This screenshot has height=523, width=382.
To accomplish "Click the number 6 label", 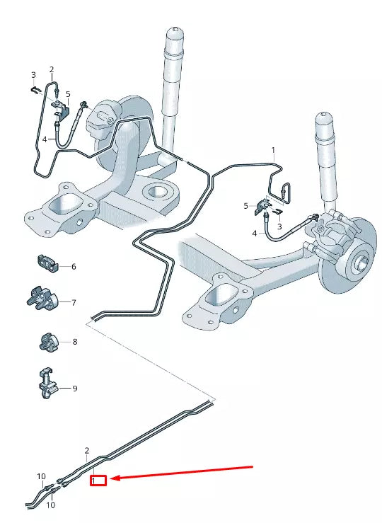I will click(x=73, y=267).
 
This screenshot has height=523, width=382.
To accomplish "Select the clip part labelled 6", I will click(x=48, y=263).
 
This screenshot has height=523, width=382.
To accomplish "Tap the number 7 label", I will click(x=73, y=302).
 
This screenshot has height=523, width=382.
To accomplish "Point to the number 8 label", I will click(x=74, y=342).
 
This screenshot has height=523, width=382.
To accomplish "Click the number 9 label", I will click(x=74, y=389).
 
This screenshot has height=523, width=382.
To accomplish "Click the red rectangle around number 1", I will click(x=98, y=481).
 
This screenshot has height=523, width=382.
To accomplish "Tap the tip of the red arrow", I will click(x=112, y=479).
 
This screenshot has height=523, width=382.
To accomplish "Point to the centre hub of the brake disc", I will click(x=358, y=263).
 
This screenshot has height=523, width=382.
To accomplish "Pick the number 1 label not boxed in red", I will click(x=273, y=151).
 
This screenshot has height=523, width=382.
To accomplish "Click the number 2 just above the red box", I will click(x=87, y=451).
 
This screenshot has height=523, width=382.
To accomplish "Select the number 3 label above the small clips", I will click(x=33, y=75).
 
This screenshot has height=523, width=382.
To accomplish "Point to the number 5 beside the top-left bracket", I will click(x=68, y=94).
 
